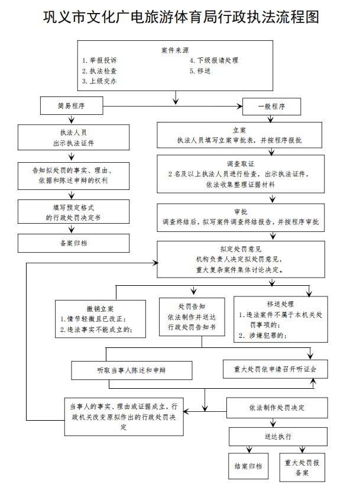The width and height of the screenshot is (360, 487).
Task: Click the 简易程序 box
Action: [x=71, y=107]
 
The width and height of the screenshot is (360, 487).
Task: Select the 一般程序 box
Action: [x=272, y=107]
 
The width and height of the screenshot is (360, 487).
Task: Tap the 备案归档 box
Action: [x=73, y=243]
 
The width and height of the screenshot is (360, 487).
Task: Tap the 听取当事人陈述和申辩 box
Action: [x=131, y=370]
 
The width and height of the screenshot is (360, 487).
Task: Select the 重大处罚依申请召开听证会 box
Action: [x=274, y=369]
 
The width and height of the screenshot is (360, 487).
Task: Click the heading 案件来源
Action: [x=175, y=50]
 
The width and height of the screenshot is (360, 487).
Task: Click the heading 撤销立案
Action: [x=100, y=309]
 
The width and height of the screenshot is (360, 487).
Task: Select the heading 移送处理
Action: [x=280, y=304]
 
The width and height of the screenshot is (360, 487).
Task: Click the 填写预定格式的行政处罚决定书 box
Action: [x=73, y=213]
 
